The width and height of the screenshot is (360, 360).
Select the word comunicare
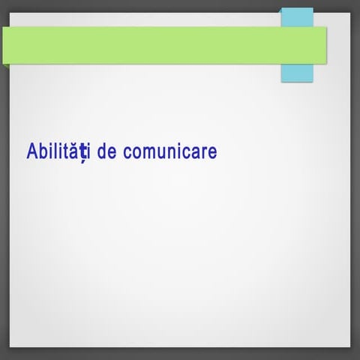(169, 152)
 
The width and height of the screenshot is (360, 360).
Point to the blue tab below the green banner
(297, 73)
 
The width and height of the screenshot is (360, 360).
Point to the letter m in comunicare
(148, 153)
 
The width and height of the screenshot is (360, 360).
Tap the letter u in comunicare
(161, 153)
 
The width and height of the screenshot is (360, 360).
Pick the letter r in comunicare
(205, 153)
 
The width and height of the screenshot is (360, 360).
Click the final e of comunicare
(212, 153)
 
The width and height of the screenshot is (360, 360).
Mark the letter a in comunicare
(196, 153)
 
